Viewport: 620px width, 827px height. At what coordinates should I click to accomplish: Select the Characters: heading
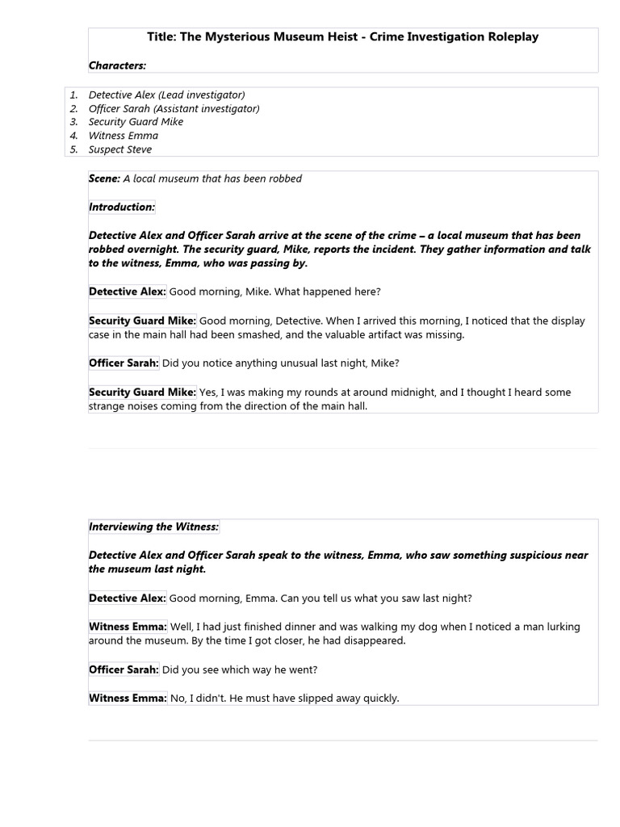tap(117, 65)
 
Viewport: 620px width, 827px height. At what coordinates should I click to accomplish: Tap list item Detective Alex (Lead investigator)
tap(166, 94)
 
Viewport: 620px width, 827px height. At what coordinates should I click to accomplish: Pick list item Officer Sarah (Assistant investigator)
tap(174, 108)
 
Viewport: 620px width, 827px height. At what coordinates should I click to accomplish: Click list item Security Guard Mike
tap(136, 122)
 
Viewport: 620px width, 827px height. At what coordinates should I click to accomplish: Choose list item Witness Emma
tap(124, 136)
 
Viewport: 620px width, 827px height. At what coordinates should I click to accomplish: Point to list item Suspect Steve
tap(120, 149)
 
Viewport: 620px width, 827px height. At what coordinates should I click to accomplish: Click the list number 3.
tap(73, 122)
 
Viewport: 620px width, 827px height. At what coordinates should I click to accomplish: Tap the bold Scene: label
tap(104, 178)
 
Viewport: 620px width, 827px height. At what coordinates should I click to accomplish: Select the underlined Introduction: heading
tap(121, 207)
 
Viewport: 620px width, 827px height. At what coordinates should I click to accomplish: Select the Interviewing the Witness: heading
tap(153, 527)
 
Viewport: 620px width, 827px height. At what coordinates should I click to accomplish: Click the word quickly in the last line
tap(378, 698)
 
